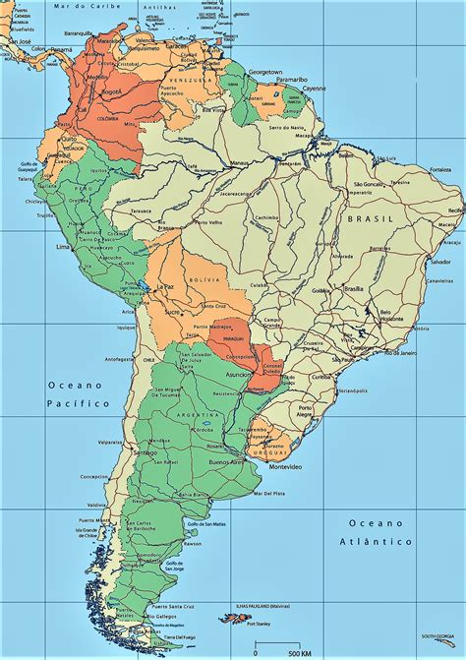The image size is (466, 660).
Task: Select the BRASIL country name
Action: (x=376, y=218)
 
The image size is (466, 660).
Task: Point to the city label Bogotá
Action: (x=112, y=90)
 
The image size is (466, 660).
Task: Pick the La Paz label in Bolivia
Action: (x=163, y=286)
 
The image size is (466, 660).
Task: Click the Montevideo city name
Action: (x=271, y=465)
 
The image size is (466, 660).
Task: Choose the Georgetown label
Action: (x=264, y=72)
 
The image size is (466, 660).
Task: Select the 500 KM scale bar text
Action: (x=287, y=652)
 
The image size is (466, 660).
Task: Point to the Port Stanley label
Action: (x=259, y=625)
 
